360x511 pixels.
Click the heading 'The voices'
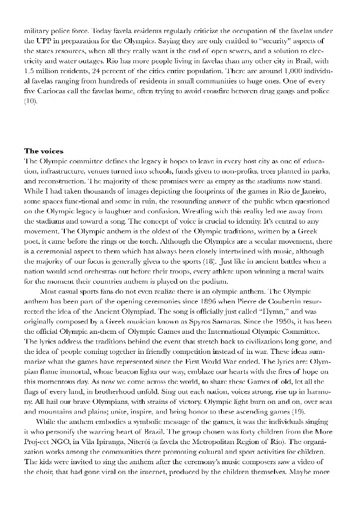44,151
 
